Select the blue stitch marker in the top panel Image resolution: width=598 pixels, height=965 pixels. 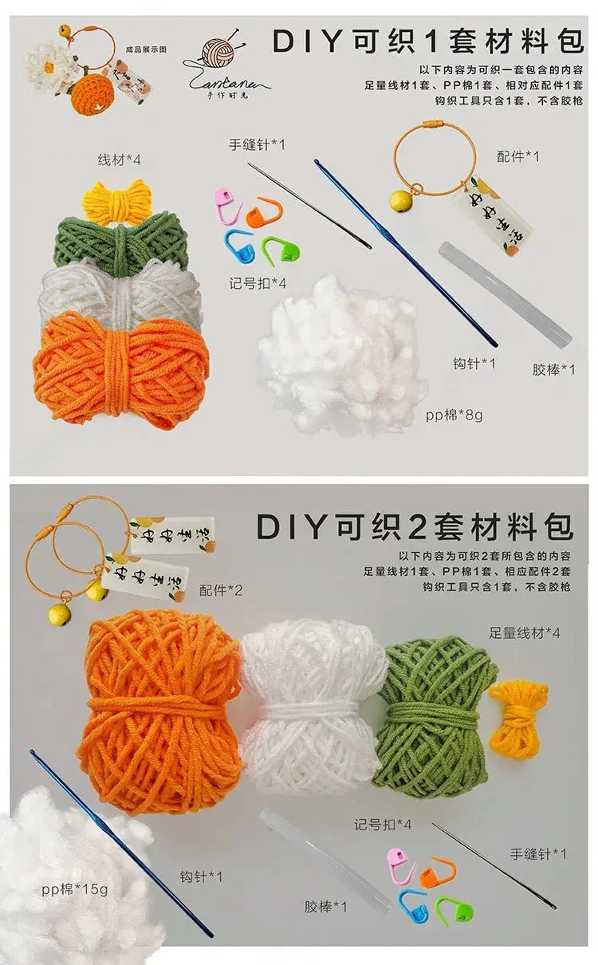click(x=238, y=244)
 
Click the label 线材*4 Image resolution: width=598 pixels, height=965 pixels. click(x=119, y=160)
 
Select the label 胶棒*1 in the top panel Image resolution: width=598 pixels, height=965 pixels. click(x=553, y=369)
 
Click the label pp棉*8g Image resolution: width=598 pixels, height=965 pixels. click(x=454, y=414)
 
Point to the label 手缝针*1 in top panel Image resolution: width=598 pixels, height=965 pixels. click(x=257, y=144)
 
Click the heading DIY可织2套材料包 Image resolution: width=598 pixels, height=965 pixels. click(x=414, y=527)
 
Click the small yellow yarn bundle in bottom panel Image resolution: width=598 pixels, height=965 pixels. click(x=519, y=717)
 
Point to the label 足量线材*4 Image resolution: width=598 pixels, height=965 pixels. click(x=525, y=632)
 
